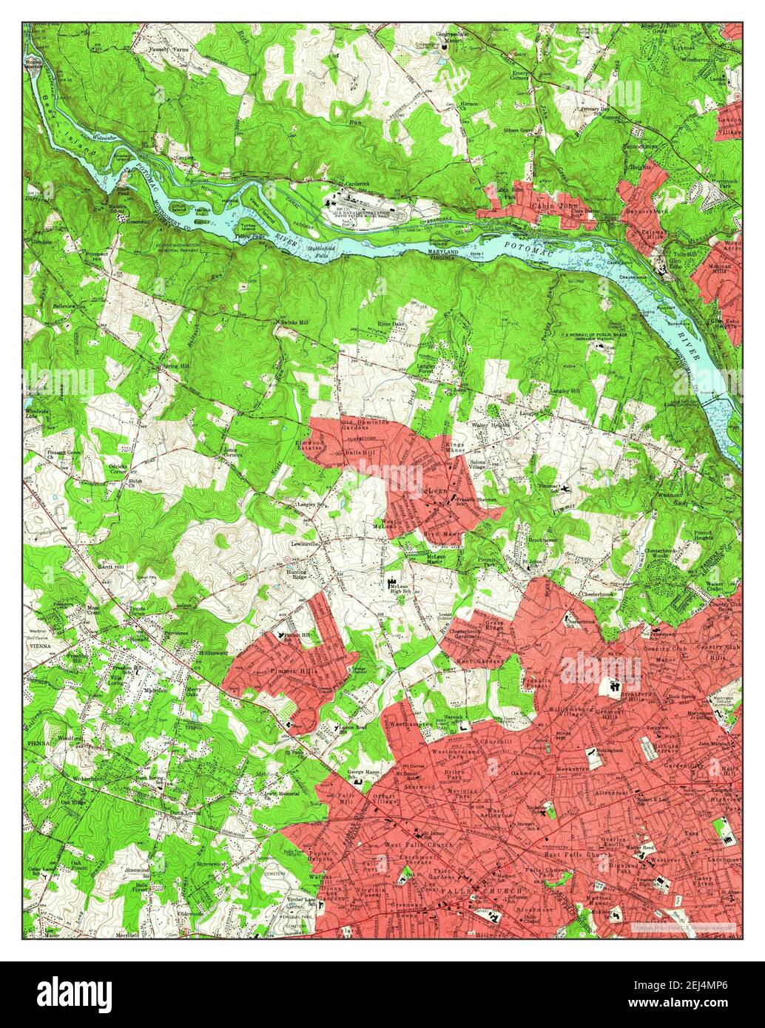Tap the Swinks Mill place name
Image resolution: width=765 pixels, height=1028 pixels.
coord(291,323)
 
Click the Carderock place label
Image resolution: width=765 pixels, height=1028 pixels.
coord(352,183)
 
